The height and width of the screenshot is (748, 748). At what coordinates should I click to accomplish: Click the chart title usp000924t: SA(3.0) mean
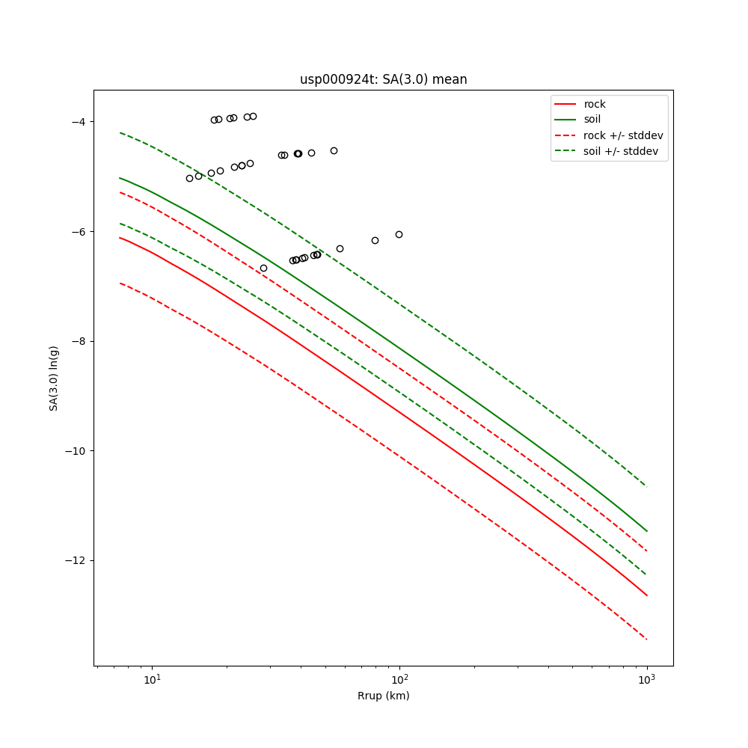tap(383, 79)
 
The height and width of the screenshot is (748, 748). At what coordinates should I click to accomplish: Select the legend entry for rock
tap(595, 104)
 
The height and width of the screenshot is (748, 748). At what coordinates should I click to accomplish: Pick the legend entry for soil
tap(592, 119)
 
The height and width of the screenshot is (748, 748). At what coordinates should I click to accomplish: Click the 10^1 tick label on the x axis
tap(152, 679)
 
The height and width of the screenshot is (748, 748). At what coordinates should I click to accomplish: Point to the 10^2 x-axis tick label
tap(399, 679)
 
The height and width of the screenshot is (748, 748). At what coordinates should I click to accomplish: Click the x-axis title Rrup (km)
tap(383, 696)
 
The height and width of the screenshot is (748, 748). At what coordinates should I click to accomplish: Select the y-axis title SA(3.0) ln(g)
tap(54, 378)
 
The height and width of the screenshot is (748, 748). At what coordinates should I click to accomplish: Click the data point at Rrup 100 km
tap(399, 234)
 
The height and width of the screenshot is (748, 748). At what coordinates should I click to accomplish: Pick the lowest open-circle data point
tap(263, 268)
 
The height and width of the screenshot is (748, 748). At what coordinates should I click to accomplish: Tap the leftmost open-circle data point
tap(189, 178)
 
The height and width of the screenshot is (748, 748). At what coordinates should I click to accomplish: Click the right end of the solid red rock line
tap(646, 595)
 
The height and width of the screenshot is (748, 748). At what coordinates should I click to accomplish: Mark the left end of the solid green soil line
tap(120, 178)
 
